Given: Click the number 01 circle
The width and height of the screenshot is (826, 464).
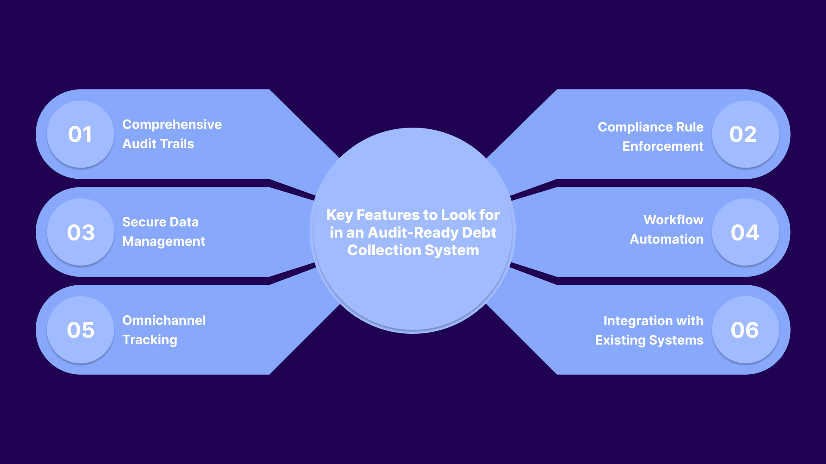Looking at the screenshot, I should (x=80, y=134).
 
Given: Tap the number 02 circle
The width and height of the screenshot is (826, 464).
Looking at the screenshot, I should (x=745, y=134).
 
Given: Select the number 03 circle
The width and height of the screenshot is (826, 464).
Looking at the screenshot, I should (x=80, y=232).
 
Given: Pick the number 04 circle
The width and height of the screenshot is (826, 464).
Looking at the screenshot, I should (x=745, y=232).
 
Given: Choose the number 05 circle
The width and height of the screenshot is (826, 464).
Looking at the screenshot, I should (x=80, y=330).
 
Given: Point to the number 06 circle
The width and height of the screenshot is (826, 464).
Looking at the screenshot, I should (x=745, y=330).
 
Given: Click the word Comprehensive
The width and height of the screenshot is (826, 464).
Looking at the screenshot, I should (x=172, y=125).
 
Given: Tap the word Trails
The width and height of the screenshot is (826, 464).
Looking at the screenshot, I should (x=177, y=144).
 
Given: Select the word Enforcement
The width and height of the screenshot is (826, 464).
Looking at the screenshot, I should (x=663, y=147).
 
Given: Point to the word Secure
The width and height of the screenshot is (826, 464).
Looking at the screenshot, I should (x=144, y=222).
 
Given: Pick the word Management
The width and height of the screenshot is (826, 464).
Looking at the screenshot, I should (x=163, y=241).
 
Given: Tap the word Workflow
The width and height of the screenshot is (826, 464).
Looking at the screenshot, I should (x=673, y=220).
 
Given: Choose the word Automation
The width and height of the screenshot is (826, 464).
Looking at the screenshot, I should (x=666, y=239).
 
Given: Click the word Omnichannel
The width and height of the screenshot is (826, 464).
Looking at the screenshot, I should (x=164, y=321).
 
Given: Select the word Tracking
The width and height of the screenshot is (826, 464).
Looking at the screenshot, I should (x=150, y=340).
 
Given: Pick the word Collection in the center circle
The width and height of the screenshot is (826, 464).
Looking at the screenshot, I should (x=384, y=250).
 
